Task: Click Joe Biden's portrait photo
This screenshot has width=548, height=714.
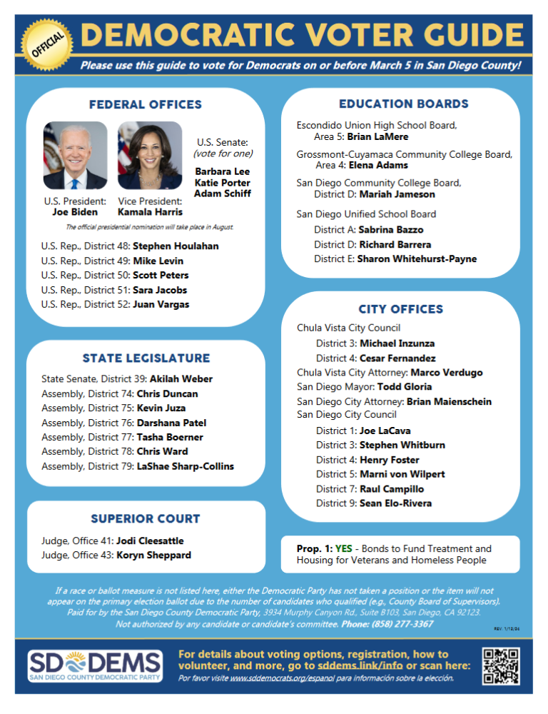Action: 75,155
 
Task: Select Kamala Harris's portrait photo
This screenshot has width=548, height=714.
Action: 149,155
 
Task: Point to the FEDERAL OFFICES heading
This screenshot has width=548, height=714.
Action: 146,105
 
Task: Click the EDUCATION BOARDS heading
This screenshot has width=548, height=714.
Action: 403,104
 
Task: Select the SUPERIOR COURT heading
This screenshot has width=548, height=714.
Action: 146,518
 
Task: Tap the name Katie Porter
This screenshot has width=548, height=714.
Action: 223,183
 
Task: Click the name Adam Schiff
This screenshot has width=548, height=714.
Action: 223,193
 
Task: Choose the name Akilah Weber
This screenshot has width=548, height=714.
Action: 181,379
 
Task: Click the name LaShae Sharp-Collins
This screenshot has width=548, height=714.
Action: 185,466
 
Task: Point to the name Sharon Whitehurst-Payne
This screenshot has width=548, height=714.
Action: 417,258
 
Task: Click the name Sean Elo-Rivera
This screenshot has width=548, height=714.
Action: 395,503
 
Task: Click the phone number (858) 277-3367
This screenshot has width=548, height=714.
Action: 402,624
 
